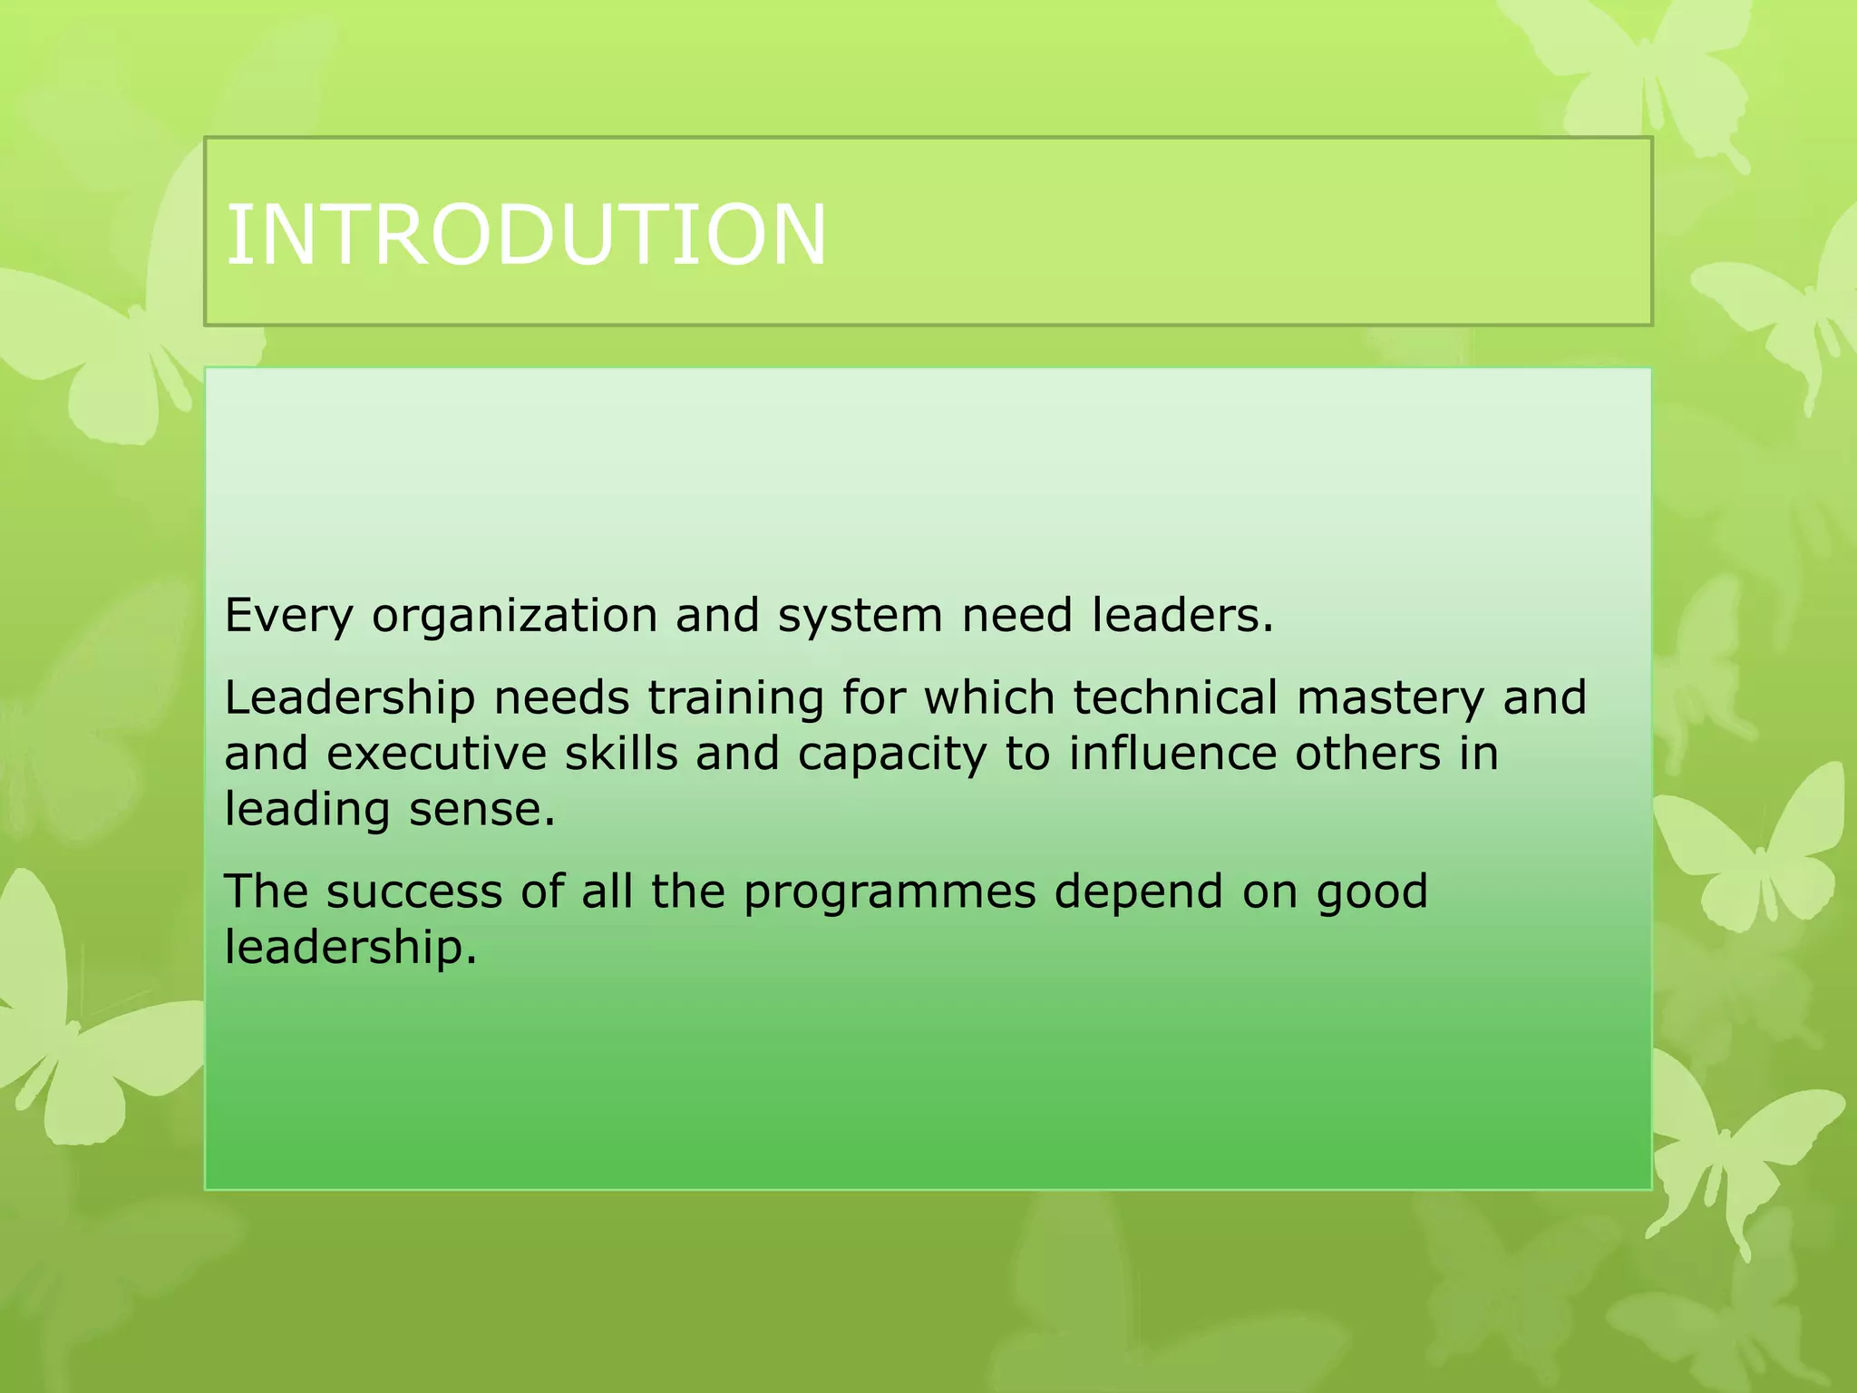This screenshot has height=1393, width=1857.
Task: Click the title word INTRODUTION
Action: [x=526, y=235]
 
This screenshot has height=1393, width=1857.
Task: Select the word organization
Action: [x=514, y=616]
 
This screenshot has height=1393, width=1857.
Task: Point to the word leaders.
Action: [x=1182, y=616]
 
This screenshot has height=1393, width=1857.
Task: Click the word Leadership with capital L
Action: [x=349, y=698]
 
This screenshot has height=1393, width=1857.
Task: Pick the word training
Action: [x=734, y=698]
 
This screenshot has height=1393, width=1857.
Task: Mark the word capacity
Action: [x=891, y=754]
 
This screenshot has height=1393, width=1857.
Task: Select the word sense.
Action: [x=481, y=809]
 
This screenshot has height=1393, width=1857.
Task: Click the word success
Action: [x=413, y=891]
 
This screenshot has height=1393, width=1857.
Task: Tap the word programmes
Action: [x=890, y=893]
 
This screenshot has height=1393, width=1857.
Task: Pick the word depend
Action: [x=1138, y=891]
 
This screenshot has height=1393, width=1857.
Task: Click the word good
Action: [x=1372, y=893]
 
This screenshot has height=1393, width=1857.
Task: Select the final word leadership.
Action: [x=350, y=948]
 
